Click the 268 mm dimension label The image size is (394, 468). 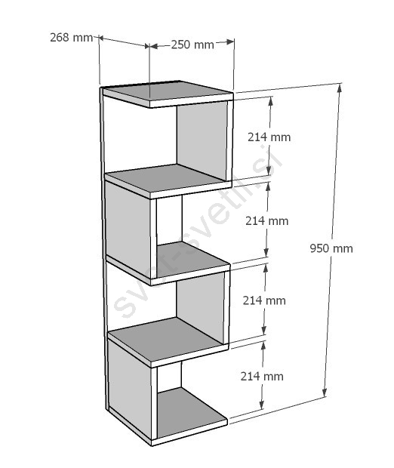(72, 38)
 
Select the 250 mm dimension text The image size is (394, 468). (192, 45)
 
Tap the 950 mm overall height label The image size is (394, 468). (331, 248)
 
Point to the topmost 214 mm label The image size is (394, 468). (269, 137)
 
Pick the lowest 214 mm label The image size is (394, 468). (262, 377)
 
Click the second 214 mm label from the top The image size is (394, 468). (267, 221)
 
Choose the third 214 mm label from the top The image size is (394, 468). (264, 300)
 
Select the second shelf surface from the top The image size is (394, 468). (167, 177)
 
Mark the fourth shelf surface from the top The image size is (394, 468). (167, 338)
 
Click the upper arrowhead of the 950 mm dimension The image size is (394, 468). (339, 88)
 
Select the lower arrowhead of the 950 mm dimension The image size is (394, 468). (325, 393)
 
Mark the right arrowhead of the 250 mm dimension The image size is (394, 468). (229, 42)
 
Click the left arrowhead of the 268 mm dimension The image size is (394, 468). (101, 38)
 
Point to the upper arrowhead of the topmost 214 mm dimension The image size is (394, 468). (271, 101)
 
